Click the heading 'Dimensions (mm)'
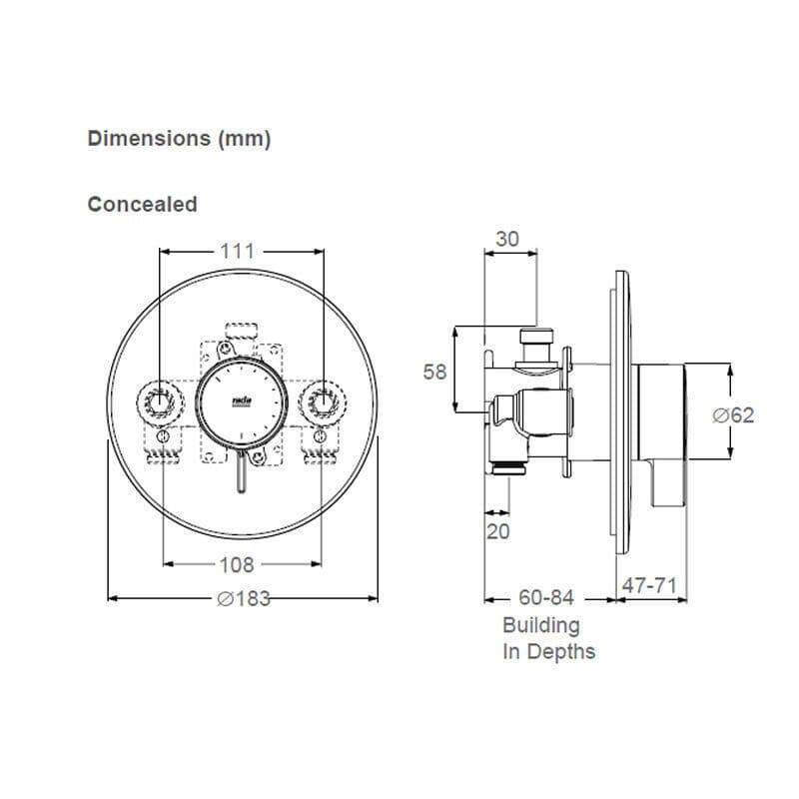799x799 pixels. coord(179,139)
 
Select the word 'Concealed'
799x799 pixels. coord(143,205)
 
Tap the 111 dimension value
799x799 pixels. coord(238,252)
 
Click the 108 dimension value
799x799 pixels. coord(237,565)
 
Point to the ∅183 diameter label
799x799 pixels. coord(244,599)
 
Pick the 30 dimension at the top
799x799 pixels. coord(508,239)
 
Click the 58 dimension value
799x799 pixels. coord(434,373)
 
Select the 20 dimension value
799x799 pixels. coord(497,531)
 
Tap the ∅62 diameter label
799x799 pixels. coord(733,414)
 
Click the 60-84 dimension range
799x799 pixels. coord(546,598)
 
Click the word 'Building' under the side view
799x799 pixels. coord(540,626)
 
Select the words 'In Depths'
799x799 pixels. coord(548,652)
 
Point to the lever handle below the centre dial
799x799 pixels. coord(242,471)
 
